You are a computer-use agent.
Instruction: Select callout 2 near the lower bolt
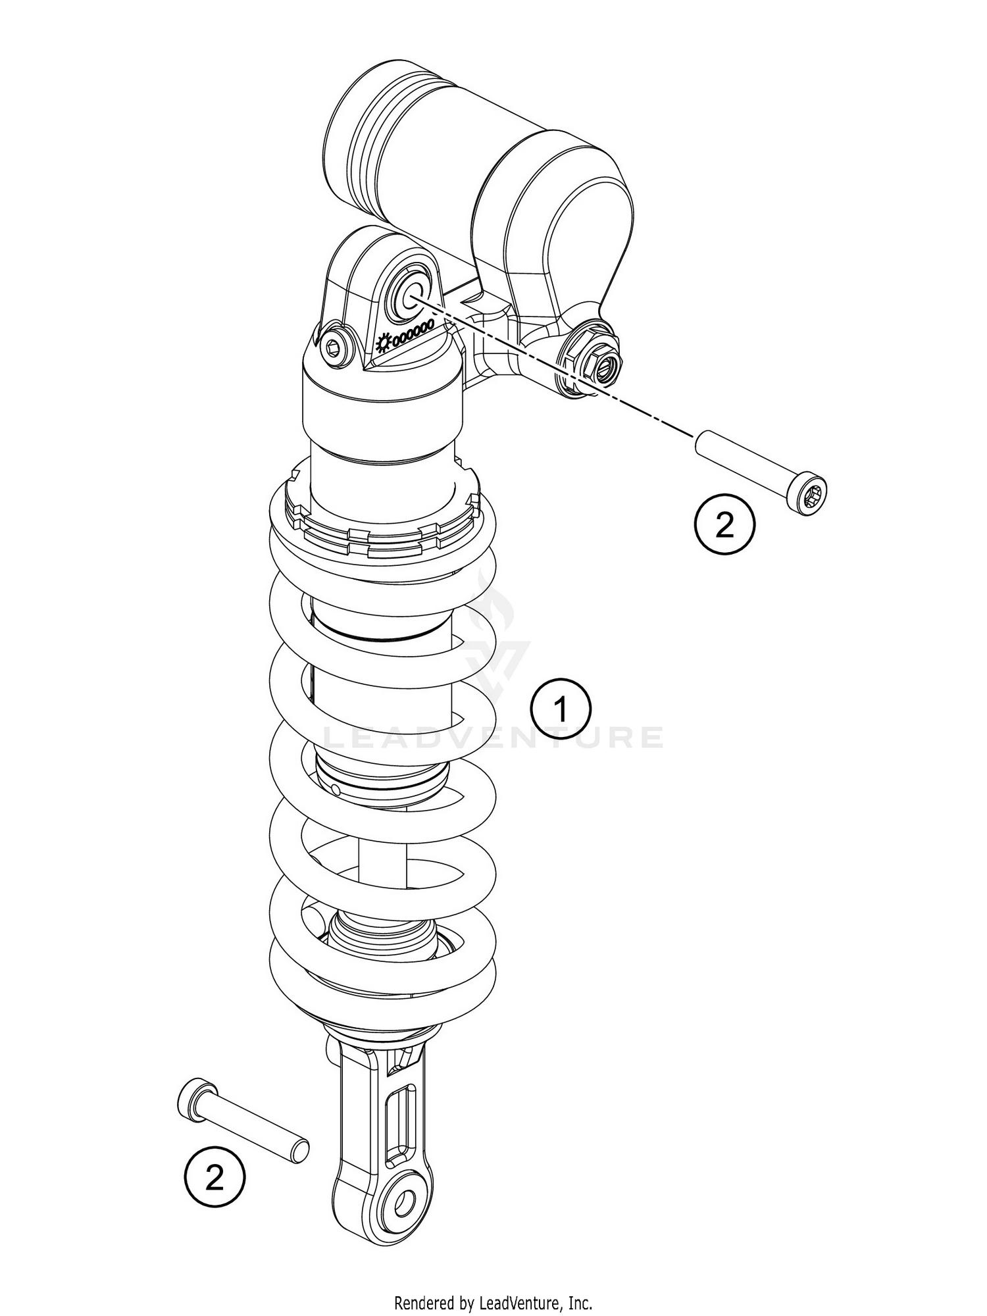(215, 1178)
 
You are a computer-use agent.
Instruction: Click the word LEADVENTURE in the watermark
(493, 738)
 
